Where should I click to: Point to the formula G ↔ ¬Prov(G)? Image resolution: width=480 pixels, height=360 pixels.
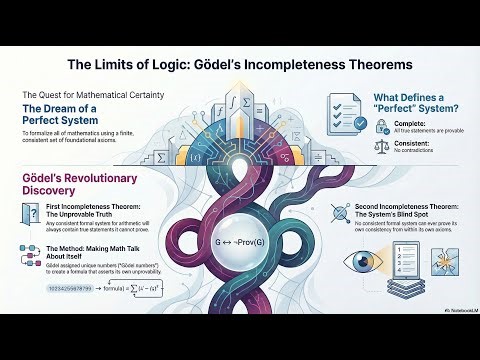pos(239,241)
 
